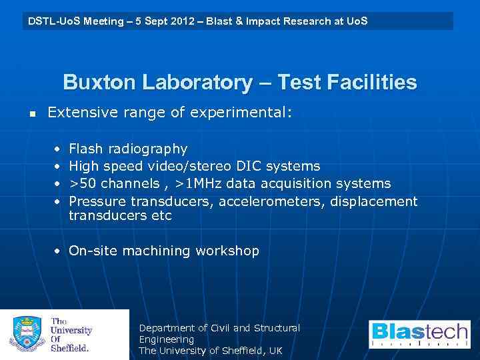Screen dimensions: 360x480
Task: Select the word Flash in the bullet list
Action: pos(86,149)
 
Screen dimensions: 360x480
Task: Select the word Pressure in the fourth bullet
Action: pos(98,201)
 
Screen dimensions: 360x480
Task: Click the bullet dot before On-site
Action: pos(58,251)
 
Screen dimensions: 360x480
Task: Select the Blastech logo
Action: pos(419,335)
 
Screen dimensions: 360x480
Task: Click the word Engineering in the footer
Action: pos(167,339)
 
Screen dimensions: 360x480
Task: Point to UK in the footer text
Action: pos(275,351)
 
